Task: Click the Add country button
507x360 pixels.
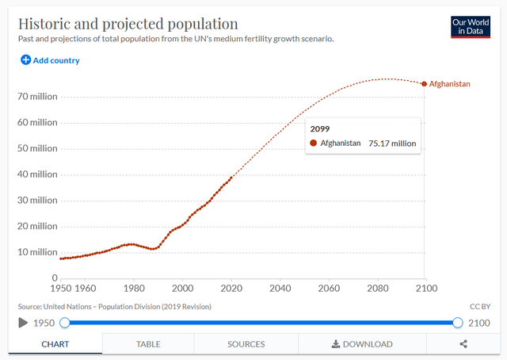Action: [50, 60]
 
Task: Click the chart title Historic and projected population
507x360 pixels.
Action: [128, 23]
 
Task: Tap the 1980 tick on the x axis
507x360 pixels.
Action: [134, 289]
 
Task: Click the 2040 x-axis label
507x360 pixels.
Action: [280, 289]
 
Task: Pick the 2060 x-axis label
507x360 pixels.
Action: [329, 289]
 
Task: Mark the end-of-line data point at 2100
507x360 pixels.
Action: [424, 84]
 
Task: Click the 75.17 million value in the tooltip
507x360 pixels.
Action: [392, 144]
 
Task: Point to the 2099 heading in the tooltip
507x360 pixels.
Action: [320, 128]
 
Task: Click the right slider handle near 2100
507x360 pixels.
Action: [457, 323]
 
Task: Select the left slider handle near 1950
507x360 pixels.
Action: [65, 323]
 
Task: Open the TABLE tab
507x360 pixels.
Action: [148, 344]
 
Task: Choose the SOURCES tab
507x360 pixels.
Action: [246, 344]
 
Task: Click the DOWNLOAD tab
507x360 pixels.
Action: [362, 344]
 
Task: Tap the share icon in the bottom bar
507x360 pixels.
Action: [463, 344]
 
